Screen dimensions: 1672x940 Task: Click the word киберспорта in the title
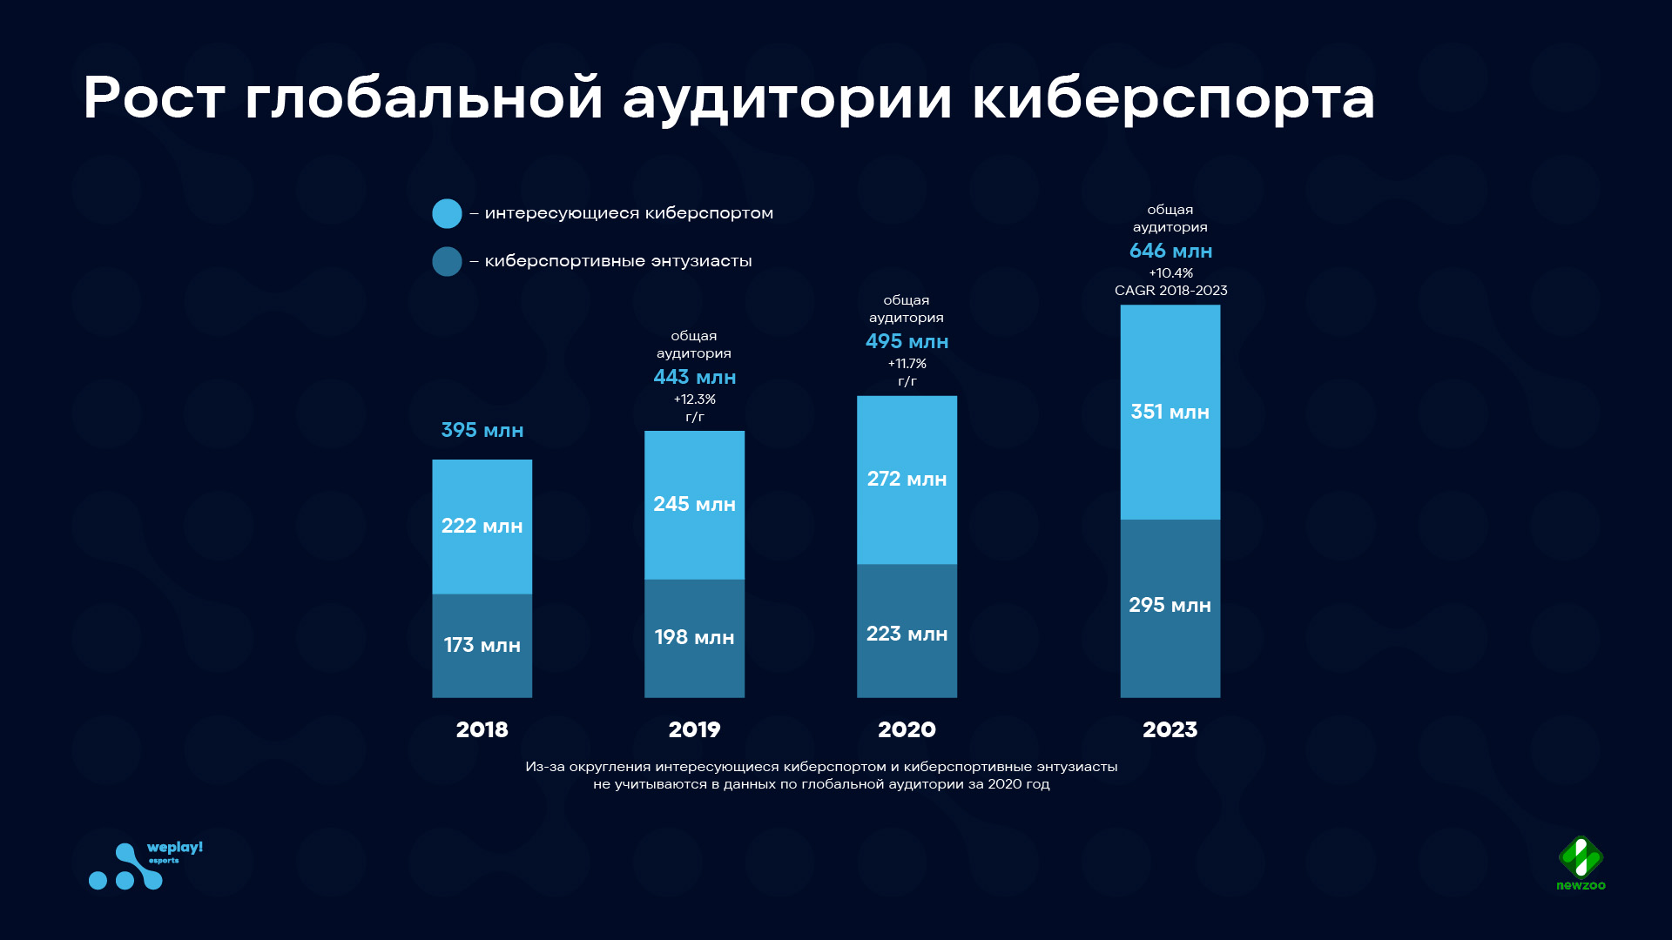tap(1173, 97)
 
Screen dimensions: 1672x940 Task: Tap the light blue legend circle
tap(447, 213)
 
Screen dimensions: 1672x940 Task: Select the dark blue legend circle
tap(447, 261)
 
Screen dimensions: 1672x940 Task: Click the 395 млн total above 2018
tap(482, 430)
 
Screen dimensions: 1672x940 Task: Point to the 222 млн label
tap(482, 526)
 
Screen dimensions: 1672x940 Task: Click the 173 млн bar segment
tap(482, 646)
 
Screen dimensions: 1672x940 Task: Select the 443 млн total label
tap(695, 377)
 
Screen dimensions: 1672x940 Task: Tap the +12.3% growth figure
tap(695, 399)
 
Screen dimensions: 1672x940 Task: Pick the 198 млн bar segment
tap(695, 639)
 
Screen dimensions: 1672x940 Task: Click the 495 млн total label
tap(907, 341)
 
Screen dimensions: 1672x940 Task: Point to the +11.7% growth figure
tap(907, 364)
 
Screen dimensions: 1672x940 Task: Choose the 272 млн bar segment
tap(907, 480)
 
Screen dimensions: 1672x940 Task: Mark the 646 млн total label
tap(1171, 251)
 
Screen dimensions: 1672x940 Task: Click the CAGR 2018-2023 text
tap(1171, 291)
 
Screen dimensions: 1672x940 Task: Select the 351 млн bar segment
tap(1170, 413)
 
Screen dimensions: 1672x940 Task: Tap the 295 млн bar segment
tap(1170, 609)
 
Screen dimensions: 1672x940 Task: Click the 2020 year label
tap(907, 729)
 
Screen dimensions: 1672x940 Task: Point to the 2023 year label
tap(1170, 729)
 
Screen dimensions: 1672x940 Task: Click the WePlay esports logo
tap(145, 865)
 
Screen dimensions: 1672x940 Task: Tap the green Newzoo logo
tap(1581, 863)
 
